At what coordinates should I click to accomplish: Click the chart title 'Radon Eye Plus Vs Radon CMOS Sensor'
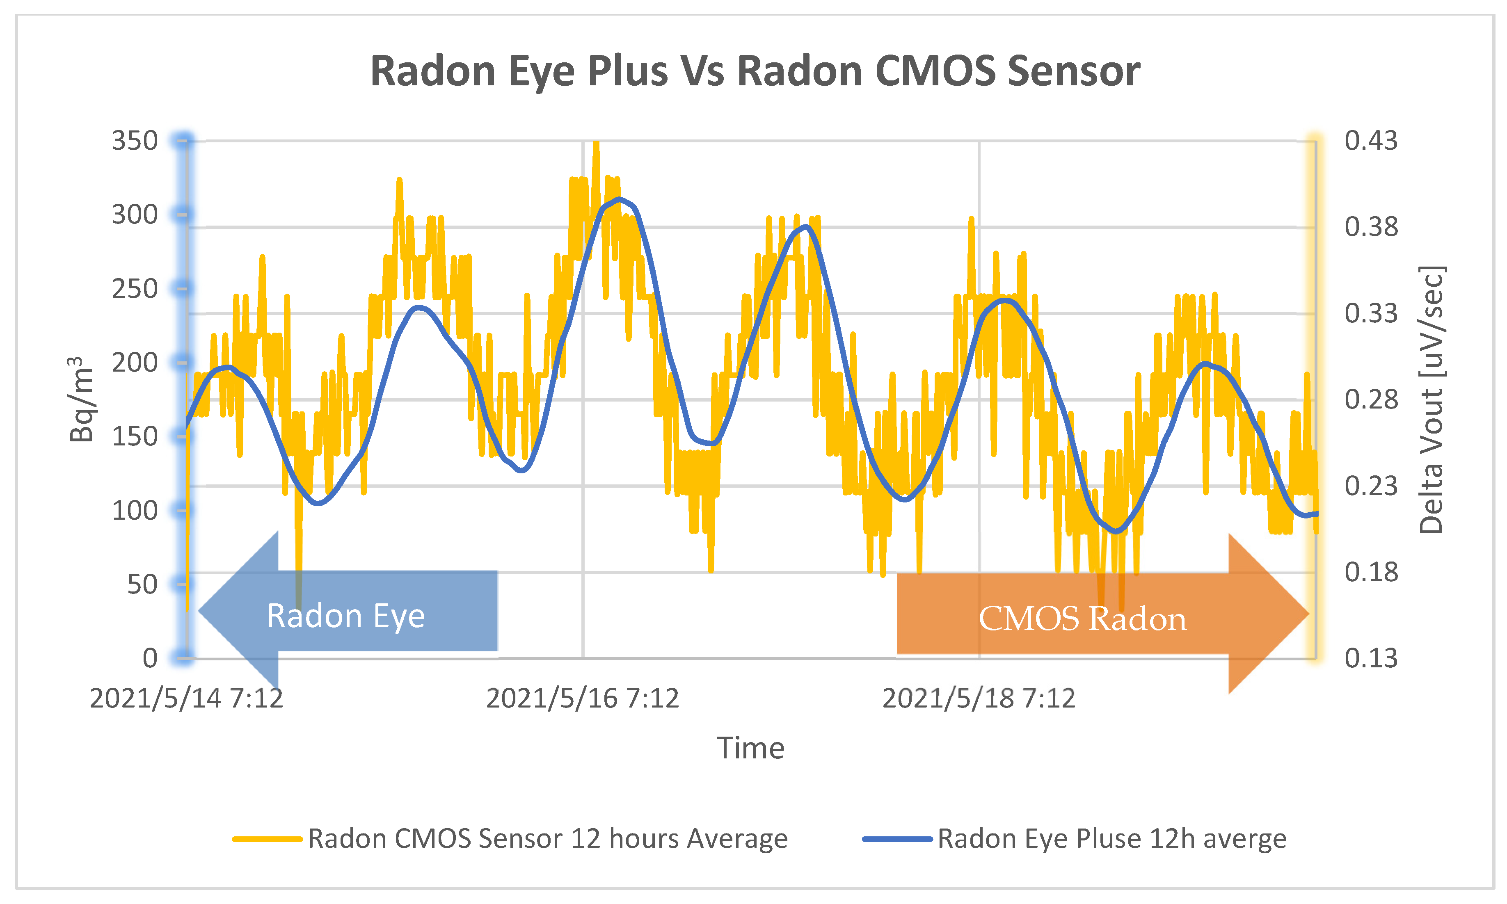(x=755, y=71)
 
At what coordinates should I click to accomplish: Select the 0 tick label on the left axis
(x=150, y=658)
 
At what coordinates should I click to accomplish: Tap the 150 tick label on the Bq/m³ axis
(x=135, y=437)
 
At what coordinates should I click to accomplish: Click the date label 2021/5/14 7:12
(x=186, y=698)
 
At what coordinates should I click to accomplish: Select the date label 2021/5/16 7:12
(x=583, y=698)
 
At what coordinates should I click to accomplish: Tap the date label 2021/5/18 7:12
(x=979, y=698)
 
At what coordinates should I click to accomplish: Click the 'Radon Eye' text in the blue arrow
(x=345, y=616)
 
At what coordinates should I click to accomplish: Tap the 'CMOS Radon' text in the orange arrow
(x=1082, y=619)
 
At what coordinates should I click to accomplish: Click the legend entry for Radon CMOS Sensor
(x=547, y=839)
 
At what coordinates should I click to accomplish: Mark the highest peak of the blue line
(x=620, y=199)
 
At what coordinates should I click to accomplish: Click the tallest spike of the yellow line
(x=597, y=144)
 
